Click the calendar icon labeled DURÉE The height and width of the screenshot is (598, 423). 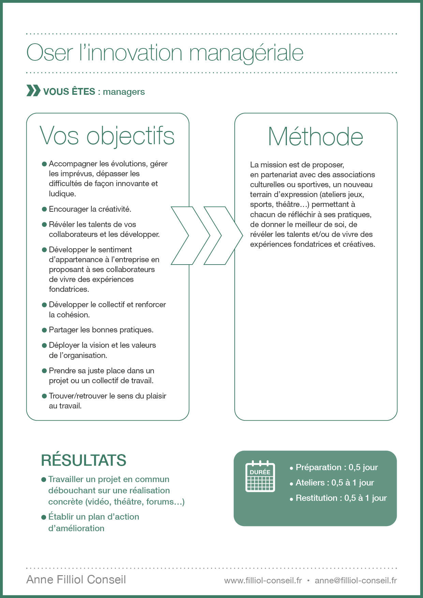click(260, 476)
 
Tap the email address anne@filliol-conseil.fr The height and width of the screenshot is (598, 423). click(355, 580)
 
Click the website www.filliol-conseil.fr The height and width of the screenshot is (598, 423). click(263, 580)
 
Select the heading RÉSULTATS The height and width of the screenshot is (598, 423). click(84, 460)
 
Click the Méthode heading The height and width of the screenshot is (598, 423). click(316, 137)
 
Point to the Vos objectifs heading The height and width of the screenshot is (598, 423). click(107, 136)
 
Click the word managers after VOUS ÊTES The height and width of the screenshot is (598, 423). click(124, 92)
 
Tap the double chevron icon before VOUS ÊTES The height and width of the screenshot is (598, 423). click(33, 91)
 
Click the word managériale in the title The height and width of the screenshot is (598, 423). click(246, 53)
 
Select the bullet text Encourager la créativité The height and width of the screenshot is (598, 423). click(90, 209)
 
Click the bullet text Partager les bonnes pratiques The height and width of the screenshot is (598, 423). click(101, 330)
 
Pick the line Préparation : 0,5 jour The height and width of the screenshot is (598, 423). click(336, 467)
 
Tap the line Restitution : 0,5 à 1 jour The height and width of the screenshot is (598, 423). click(341, 498)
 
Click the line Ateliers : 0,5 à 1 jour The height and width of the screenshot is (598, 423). click(335, 482)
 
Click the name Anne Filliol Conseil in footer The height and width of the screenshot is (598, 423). click(76, 580)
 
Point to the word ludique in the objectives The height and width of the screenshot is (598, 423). click(62, 194)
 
